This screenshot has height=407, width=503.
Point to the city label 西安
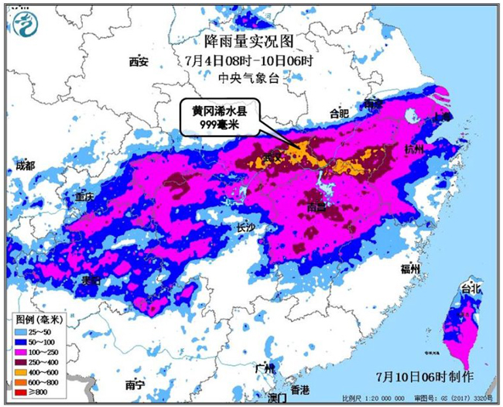click(x=139, y=61)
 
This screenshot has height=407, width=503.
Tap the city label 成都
click(x=25, y=166)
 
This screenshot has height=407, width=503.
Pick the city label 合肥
click(x=339, y=113)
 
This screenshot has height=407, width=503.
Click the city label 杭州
click(x=414, y=149)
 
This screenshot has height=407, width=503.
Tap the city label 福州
click(x=410, y=268)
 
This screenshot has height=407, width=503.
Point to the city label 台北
click(x=470, y=288)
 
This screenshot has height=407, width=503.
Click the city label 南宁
click(x=135, y=384)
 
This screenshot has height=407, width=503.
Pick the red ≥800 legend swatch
click(x=23, y=392)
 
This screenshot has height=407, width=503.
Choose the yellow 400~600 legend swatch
click(x=23, y=371)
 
